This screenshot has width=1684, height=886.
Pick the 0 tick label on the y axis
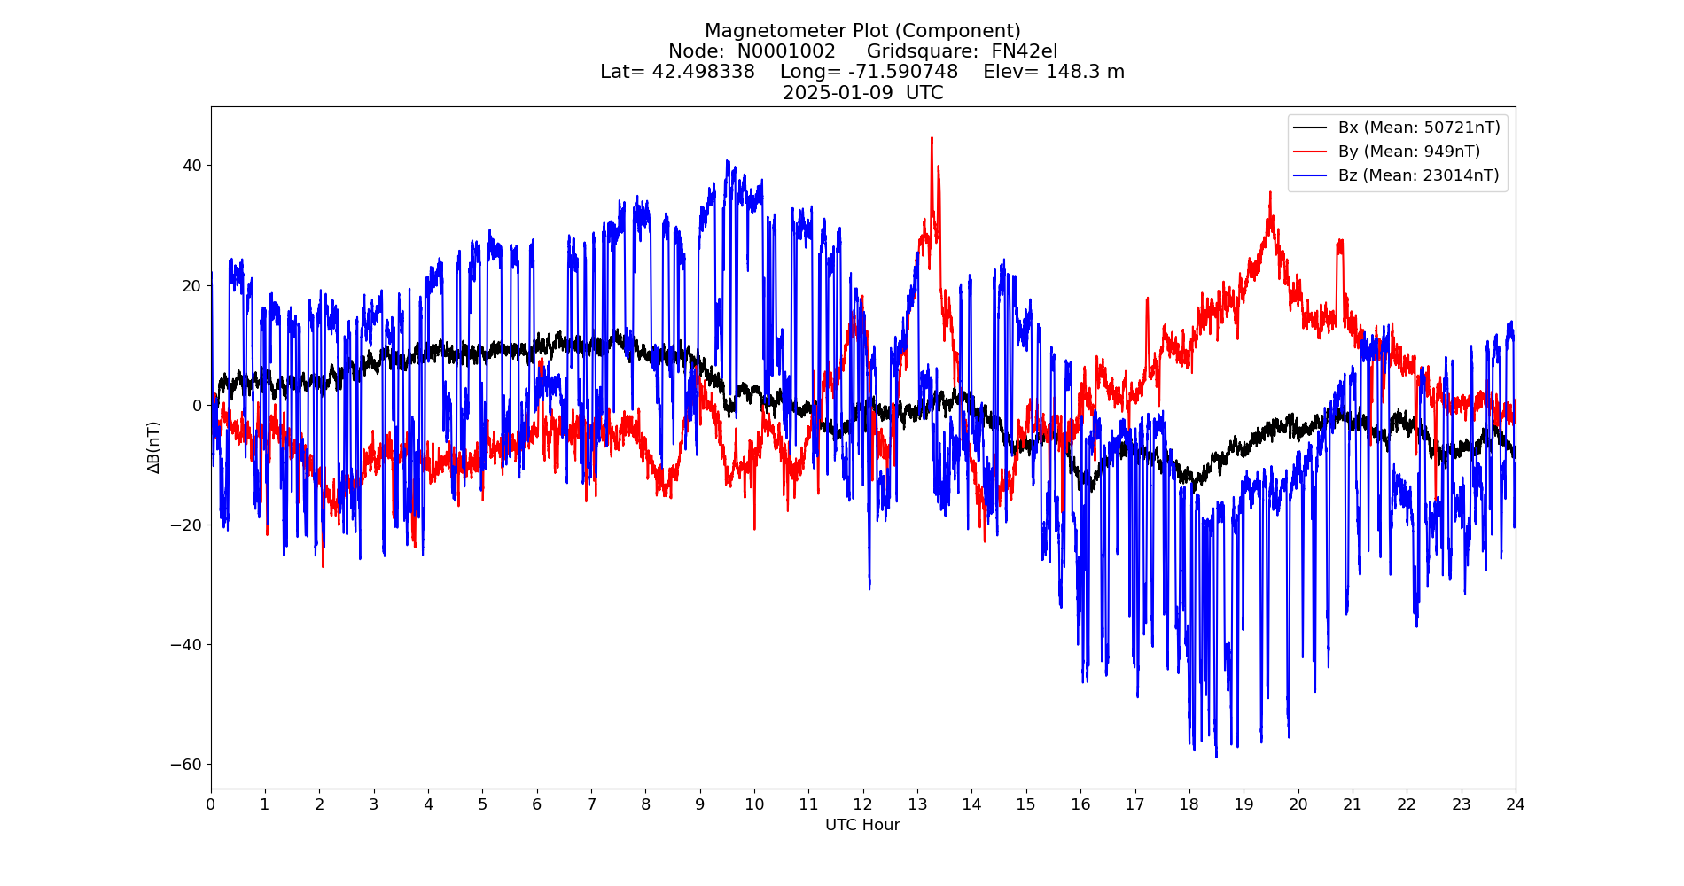(x=197, y=405)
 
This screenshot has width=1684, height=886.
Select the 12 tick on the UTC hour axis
(x=862, y=804)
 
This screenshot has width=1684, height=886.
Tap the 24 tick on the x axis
(x=1515, y=804)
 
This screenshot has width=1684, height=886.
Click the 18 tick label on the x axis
(x=1189, y=804)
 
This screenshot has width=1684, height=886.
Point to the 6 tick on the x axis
(x=536, y=804)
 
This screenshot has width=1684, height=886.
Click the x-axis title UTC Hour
(x=862, y=825)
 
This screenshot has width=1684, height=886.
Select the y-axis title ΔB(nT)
(x=154, y=447)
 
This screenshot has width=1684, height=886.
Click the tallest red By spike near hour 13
(x=932, y=138)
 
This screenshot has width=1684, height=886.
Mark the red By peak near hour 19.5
(x=1270, y=192)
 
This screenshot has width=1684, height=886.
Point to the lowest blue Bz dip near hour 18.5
(x=1216, y=756)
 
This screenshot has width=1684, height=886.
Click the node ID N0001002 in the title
(x=786, y=51)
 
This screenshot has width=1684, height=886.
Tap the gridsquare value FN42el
(x=1024, y=51)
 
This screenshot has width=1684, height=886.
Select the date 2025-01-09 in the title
(x=838, y=93)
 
